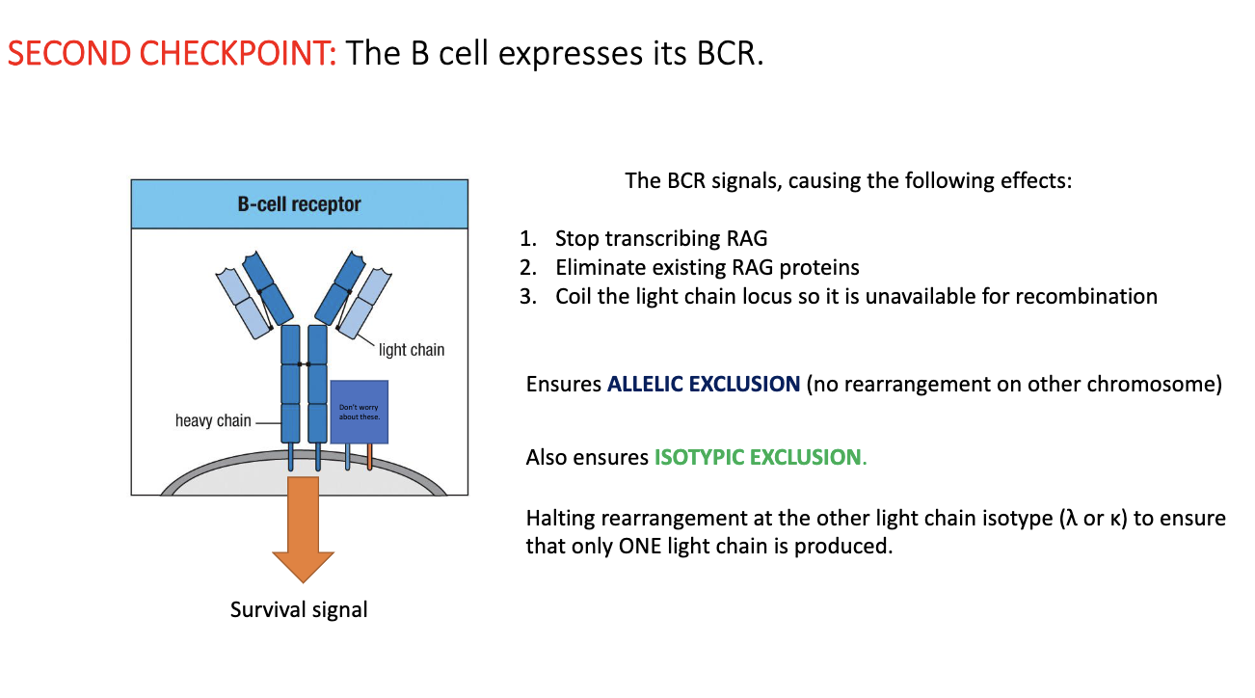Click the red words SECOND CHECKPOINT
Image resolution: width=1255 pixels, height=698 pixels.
173,53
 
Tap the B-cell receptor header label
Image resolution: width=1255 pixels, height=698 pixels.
299,204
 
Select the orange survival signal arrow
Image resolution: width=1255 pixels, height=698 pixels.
303,530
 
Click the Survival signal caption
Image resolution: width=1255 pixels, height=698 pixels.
299,609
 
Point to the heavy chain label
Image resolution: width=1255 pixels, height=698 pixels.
213,420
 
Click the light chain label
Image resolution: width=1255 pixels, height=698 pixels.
412,349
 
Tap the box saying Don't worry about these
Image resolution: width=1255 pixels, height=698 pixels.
360,412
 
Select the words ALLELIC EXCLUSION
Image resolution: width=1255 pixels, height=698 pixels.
704,384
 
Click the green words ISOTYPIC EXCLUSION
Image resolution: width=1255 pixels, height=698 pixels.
758,457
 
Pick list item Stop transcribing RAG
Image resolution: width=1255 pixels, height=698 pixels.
661,238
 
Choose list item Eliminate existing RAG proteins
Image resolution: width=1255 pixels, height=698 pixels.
707,267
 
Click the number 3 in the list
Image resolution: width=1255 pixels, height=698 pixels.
526,296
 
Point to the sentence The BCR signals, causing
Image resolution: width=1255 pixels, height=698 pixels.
847,180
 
